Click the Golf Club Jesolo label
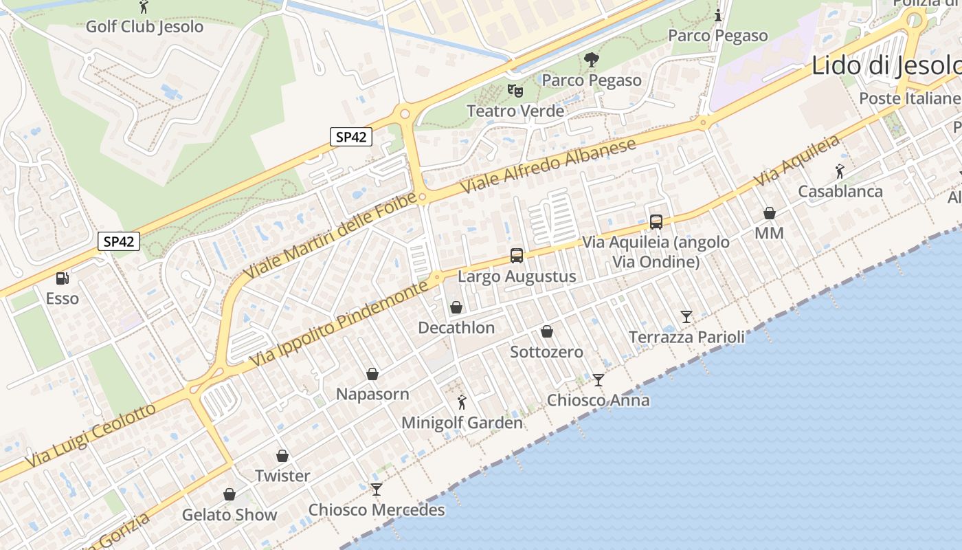(144, 27)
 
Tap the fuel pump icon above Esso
(63, 278)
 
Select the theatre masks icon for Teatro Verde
(515, 90)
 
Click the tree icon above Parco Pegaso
(591, 60)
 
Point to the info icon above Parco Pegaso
(718, 15)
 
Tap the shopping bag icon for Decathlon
(456, 307)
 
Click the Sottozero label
(546, 352)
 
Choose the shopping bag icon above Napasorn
(372, 374)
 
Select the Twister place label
(282, 476)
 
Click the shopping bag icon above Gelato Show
(230, 494)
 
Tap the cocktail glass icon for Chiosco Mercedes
(377, 489)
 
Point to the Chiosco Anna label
(598, 400)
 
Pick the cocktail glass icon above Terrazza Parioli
(686, 317)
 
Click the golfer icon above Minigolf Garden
(462, 402)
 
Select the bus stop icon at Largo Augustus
(517, 256)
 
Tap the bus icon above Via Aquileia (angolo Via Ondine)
(656, 222)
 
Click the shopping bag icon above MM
(770, 213)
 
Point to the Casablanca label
(840, 191)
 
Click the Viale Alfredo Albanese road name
(549, 166)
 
